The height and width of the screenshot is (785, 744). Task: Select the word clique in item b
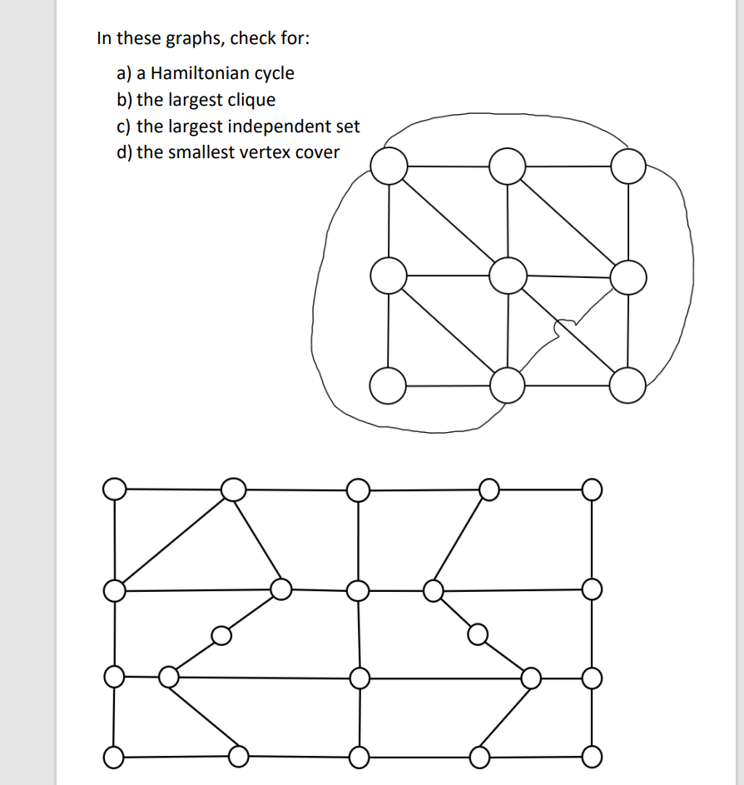click(x=250, y=100)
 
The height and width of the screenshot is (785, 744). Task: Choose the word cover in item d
click(x=316, y=152)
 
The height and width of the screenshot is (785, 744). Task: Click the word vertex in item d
click(x=265, y=152)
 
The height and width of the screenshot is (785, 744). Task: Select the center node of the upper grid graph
click(x=507, y=276)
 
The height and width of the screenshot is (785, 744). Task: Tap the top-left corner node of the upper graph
click(x=388, y=166)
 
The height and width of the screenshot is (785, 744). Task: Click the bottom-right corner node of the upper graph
click(x=627, y=385)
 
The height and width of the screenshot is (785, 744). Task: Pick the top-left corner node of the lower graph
click(x=115, y=489)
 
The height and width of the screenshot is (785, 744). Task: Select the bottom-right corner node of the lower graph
click(x=591, y=758)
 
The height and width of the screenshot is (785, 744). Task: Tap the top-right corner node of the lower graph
click(x=591, y=489)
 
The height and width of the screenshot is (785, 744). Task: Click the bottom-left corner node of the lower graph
click(x=114, y=758)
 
